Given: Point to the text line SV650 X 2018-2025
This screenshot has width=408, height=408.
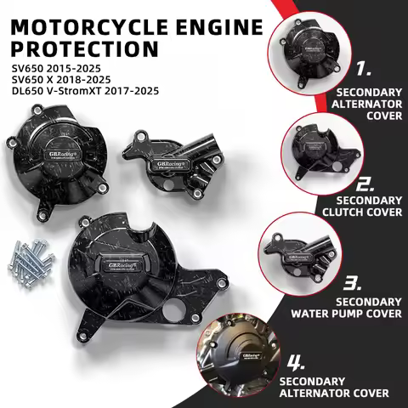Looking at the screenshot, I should (x=57, y=79).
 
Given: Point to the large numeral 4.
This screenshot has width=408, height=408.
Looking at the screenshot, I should (x=294, y=362).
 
